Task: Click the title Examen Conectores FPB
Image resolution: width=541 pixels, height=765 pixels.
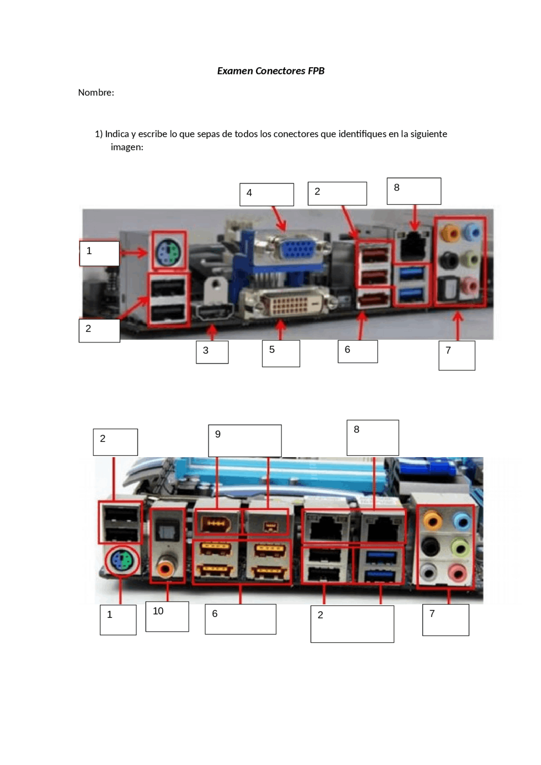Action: coord(270,71)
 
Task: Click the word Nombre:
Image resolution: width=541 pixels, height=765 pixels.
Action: coord(96,92)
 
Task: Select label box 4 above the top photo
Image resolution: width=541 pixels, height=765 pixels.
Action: coord(266,195)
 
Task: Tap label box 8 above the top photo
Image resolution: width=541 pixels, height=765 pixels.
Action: coord(414,191)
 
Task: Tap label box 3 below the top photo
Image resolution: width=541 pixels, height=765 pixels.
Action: coord(212,352)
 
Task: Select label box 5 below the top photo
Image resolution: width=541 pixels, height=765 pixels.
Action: coord(281,354)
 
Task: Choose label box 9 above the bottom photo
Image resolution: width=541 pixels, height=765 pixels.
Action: coord(245,441)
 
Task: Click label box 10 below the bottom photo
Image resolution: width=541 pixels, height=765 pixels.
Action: coord(167,616)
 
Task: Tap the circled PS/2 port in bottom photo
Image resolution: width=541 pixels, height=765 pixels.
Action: coord(122,561)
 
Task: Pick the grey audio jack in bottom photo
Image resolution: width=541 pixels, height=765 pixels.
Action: coord(429,573)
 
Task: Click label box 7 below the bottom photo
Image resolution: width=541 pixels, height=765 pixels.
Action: coord(445,620)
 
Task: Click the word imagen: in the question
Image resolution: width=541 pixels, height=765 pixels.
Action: coord(127,147)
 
